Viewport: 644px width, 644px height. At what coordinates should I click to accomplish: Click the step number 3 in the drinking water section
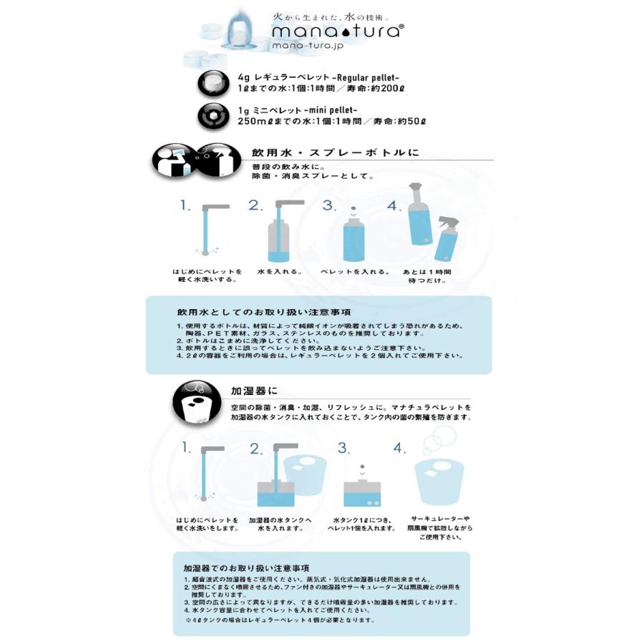click(x=329, y=206)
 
